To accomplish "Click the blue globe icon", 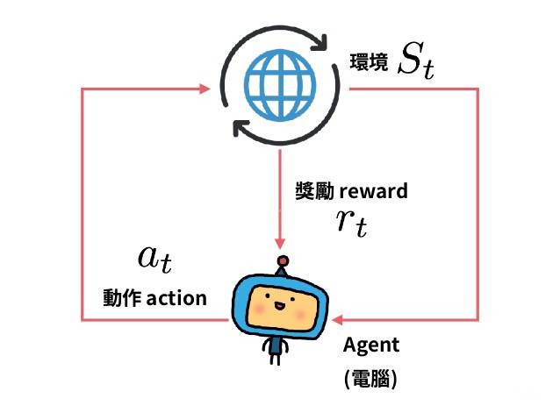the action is click(279, 87).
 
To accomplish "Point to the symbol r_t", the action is click(350, 223).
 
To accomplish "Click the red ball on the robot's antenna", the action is click(282, 260).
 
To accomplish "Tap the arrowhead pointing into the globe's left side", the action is click(204, 89).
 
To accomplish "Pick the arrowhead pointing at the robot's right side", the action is click(341, 321).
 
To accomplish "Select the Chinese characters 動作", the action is click(119, 298).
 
